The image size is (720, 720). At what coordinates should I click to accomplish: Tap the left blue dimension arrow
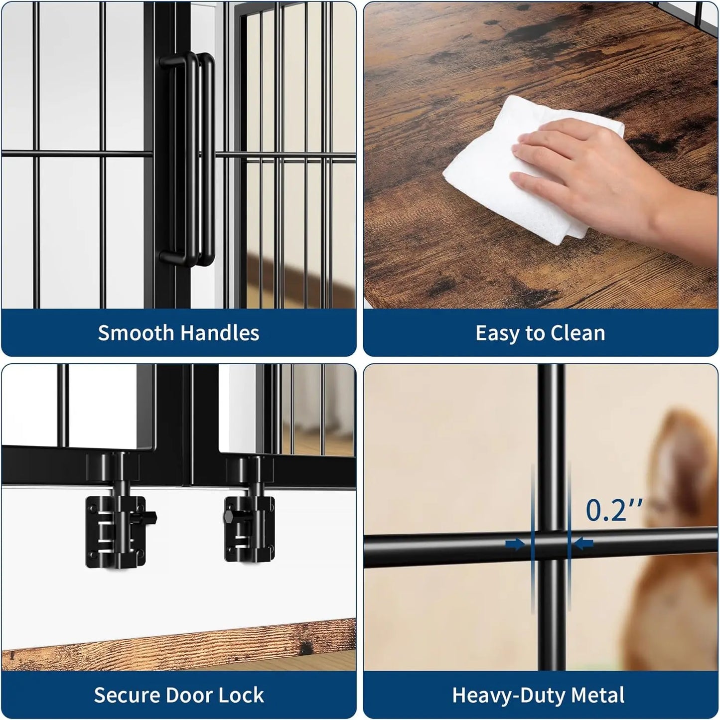(515, 544)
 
